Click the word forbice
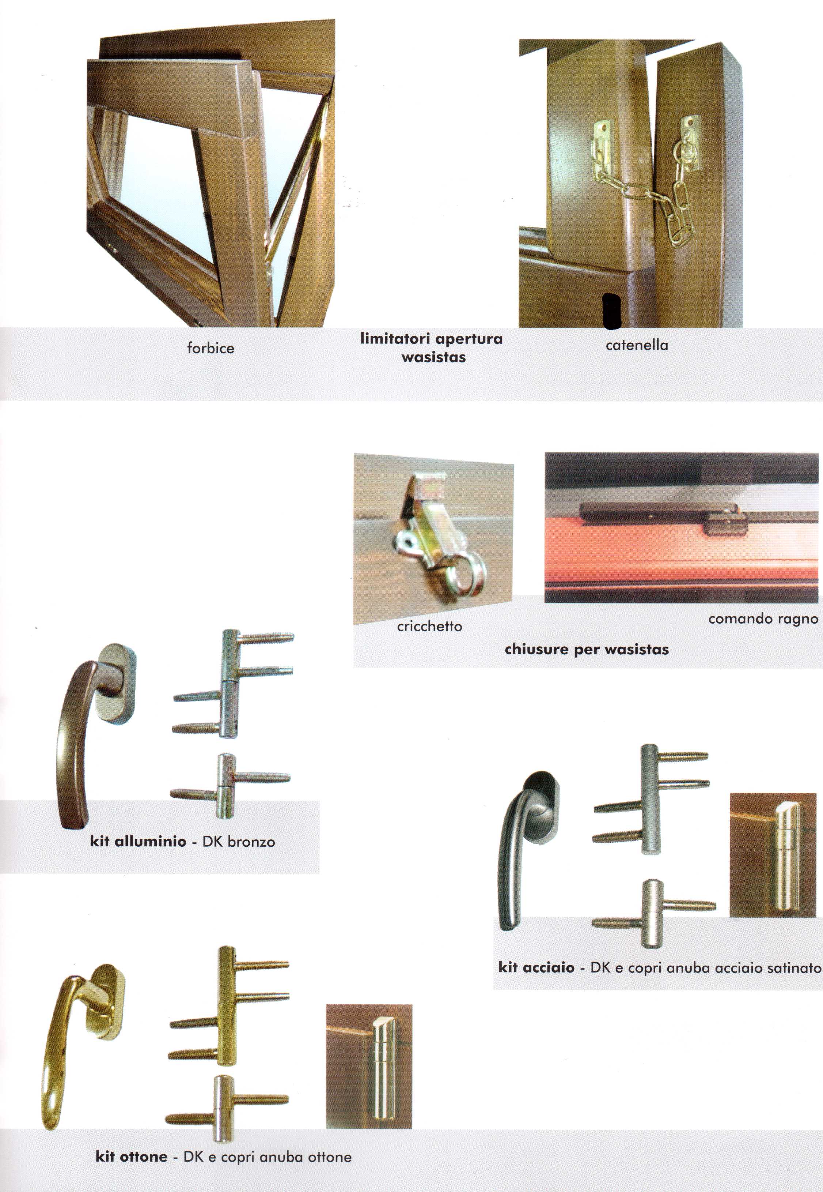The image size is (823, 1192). point(211,348)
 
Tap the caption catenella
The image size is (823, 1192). point(637,345)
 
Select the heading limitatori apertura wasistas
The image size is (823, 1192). point(431,348)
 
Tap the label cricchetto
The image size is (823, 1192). point(429,627)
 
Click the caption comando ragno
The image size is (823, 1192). point(763,619)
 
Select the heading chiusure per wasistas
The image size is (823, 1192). point(587,649)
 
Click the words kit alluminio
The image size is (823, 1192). point(138,842)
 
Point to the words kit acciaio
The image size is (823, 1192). point(536,967)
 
